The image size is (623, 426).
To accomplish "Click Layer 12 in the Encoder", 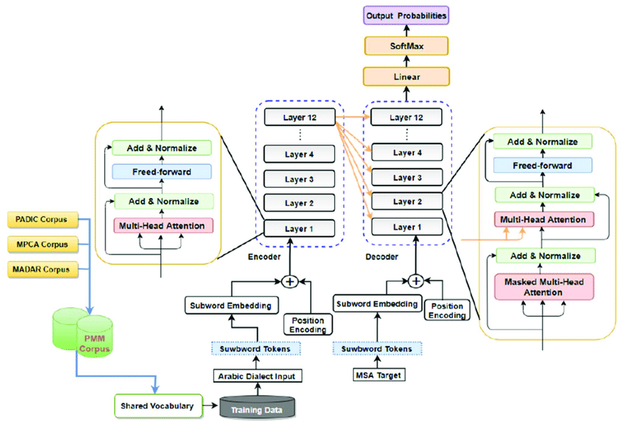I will pyautogui.click(x=301, y=117).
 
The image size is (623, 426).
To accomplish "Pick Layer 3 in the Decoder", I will pyautogui.click(x=406, y=178).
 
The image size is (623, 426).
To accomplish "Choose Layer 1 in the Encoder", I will pyautogui.click(x=301, y=228).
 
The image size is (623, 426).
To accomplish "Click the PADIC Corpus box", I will pyautogui.click(x=41, y=219).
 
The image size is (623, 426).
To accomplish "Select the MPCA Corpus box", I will pyautogui.click(x=41, y=244).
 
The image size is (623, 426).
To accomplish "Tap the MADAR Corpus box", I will pyautogui.click(x=41, y=269).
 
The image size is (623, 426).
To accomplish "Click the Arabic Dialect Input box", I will pyautogui.click(x=257, y=377).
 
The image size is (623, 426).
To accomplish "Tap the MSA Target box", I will pyautogui.click(x=379, y=377).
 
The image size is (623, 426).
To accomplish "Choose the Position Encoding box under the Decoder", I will pyautogui.click(x=446, y=310).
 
